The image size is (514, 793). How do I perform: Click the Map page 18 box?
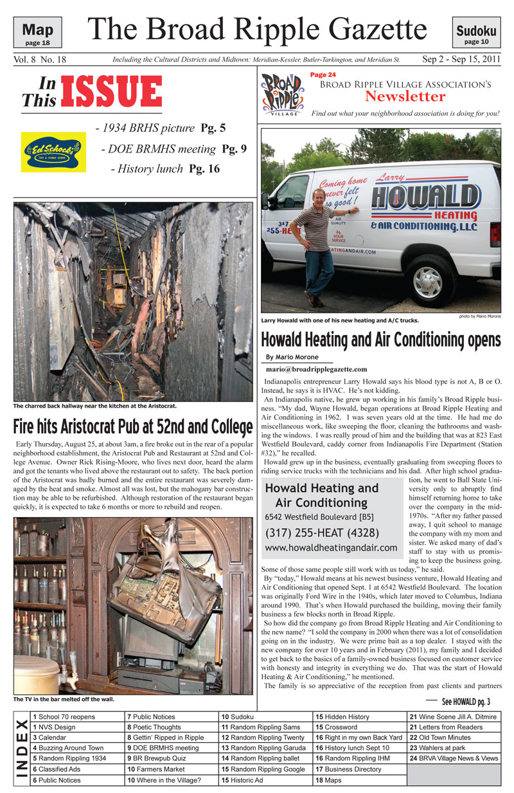(38, 33)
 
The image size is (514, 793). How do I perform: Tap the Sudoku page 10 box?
(476, 33)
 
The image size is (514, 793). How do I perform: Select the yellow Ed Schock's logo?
(53, 152)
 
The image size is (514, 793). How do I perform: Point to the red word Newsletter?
(405, 96)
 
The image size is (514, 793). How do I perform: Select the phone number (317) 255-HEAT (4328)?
(323, 533)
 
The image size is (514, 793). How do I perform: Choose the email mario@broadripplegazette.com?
(316, 369)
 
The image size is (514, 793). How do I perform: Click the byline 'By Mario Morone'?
(292, 357)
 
